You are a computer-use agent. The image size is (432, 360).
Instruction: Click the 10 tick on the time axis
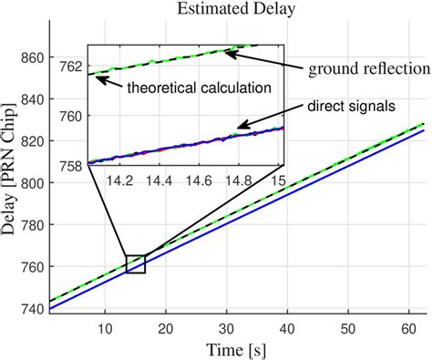pyautogui.click(x=106, y=329)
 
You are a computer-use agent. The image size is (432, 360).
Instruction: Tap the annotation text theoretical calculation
pyautogui.click(x=187, y=87)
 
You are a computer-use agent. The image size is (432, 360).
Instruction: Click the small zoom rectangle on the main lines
pyautogui.click(x=136, y=263)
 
